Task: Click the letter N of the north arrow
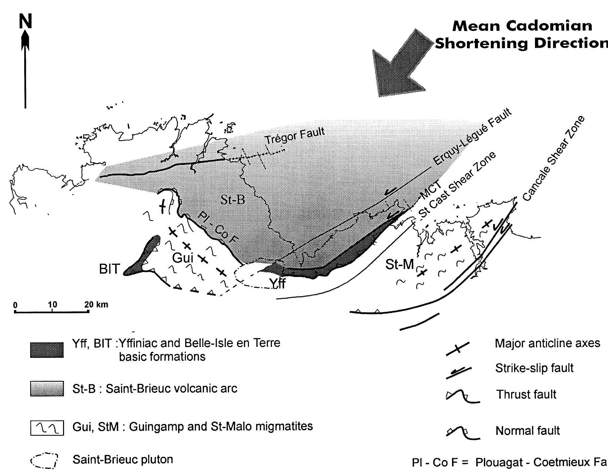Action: [x=26, y=22]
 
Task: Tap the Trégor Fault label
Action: [x=295, y=136]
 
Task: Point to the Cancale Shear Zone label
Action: [x=553, y=158]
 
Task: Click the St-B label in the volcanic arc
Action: [x=233, y=200]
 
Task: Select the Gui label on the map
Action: [x=183, y=258]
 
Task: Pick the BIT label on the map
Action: [x=109, y=269]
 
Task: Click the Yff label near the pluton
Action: [x=277, y=284]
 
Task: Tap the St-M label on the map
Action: [x=400, y=264]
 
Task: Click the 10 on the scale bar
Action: [x=52, y=304]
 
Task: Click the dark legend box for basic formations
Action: [x=47, y=350]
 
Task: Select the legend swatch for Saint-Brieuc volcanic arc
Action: [x=47, y=388]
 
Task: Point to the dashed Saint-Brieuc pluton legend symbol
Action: [x=44, y=461]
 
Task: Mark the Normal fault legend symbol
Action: [x=462, y=434]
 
